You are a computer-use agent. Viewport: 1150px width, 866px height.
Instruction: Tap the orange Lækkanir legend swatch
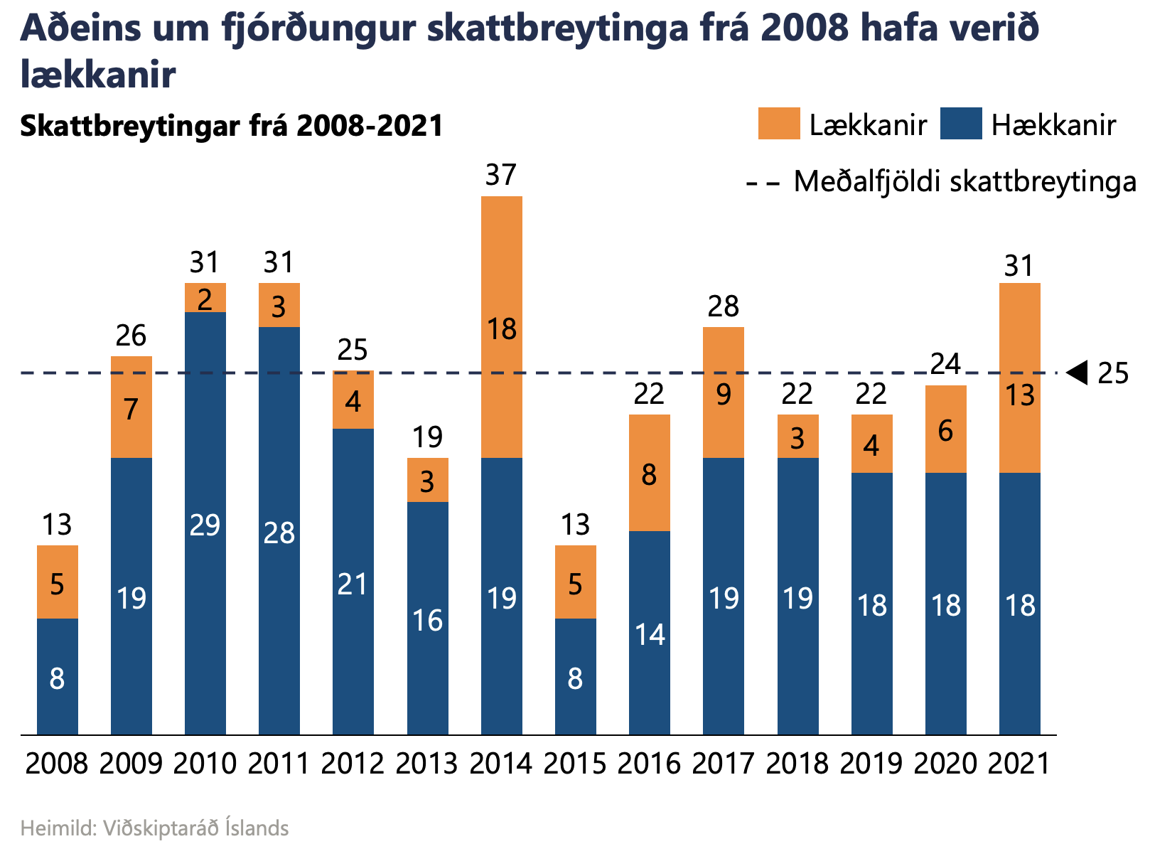coord(778,124)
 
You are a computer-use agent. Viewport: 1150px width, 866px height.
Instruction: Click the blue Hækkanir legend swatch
coord(960,124)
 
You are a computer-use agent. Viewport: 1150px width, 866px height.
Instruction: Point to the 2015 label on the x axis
coord(575,764)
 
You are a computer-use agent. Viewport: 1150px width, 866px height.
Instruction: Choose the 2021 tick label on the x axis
coord(1019,764)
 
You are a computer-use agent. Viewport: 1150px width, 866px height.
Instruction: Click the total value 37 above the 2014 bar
coord(501,175)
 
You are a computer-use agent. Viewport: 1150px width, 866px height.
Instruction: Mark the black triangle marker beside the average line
coord(1078,372)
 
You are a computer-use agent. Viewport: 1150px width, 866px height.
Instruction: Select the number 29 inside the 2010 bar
coord(205,525)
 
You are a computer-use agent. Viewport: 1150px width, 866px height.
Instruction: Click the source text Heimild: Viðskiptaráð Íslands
coord(154,828)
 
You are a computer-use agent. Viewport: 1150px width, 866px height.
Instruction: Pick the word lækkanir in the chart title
coord(98,74)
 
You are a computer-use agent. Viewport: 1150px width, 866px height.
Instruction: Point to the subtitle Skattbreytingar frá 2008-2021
coord(232,125)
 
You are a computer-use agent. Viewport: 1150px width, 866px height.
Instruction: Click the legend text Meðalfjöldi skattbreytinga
coord(964,182)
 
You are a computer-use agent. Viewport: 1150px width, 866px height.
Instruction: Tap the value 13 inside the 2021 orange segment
coord(1020,395)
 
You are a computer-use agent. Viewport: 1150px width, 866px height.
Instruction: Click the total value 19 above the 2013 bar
coord(427,437)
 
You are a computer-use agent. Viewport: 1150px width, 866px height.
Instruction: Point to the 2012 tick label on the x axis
coord(353,764)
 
